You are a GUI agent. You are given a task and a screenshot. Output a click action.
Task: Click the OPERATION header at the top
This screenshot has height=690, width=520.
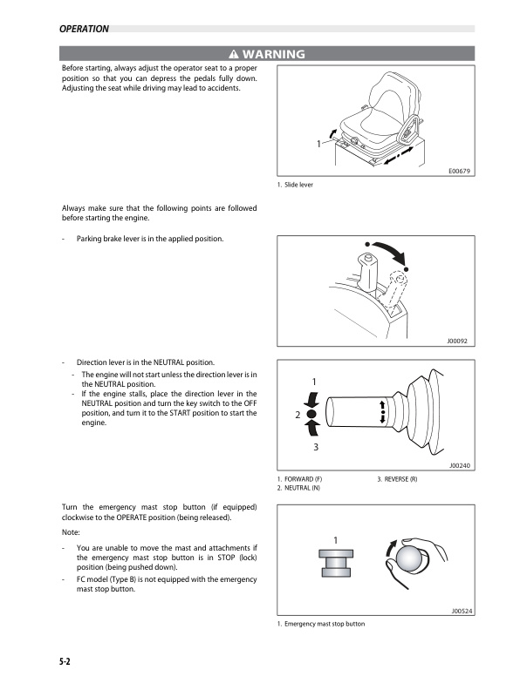[x=84, y=29]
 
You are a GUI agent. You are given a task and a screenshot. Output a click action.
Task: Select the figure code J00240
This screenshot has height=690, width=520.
[x=460, y=466]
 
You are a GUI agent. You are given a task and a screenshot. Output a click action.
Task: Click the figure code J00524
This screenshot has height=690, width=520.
[x=460, y=611]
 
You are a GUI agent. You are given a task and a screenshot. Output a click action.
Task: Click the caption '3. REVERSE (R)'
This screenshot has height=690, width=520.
[x=397, y=480]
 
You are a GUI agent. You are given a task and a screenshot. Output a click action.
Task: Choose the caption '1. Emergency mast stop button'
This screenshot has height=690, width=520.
[x=320, y=624]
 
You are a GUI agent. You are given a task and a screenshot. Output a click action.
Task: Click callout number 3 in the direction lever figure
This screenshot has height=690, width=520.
[x=316, y=446]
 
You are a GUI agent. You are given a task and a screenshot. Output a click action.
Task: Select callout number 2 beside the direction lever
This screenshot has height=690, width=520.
[x=298, y=416]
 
